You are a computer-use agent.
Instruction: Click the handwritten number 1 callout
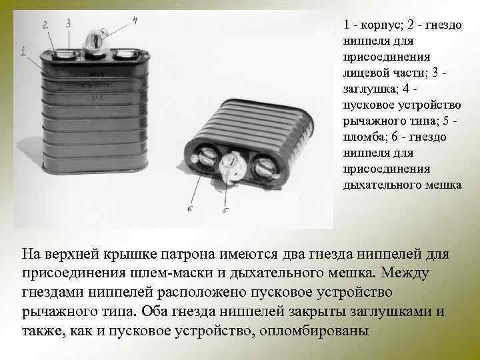[23, 51]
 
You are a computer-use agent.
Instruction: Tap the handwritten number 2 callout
[45, 25]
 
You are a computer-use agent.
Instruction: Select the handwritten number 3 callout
[68, 23]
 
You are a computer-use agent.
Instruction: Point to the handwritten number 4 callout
[135, 20]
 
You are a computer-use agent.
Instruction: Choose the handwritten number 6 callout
[189, 209]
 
